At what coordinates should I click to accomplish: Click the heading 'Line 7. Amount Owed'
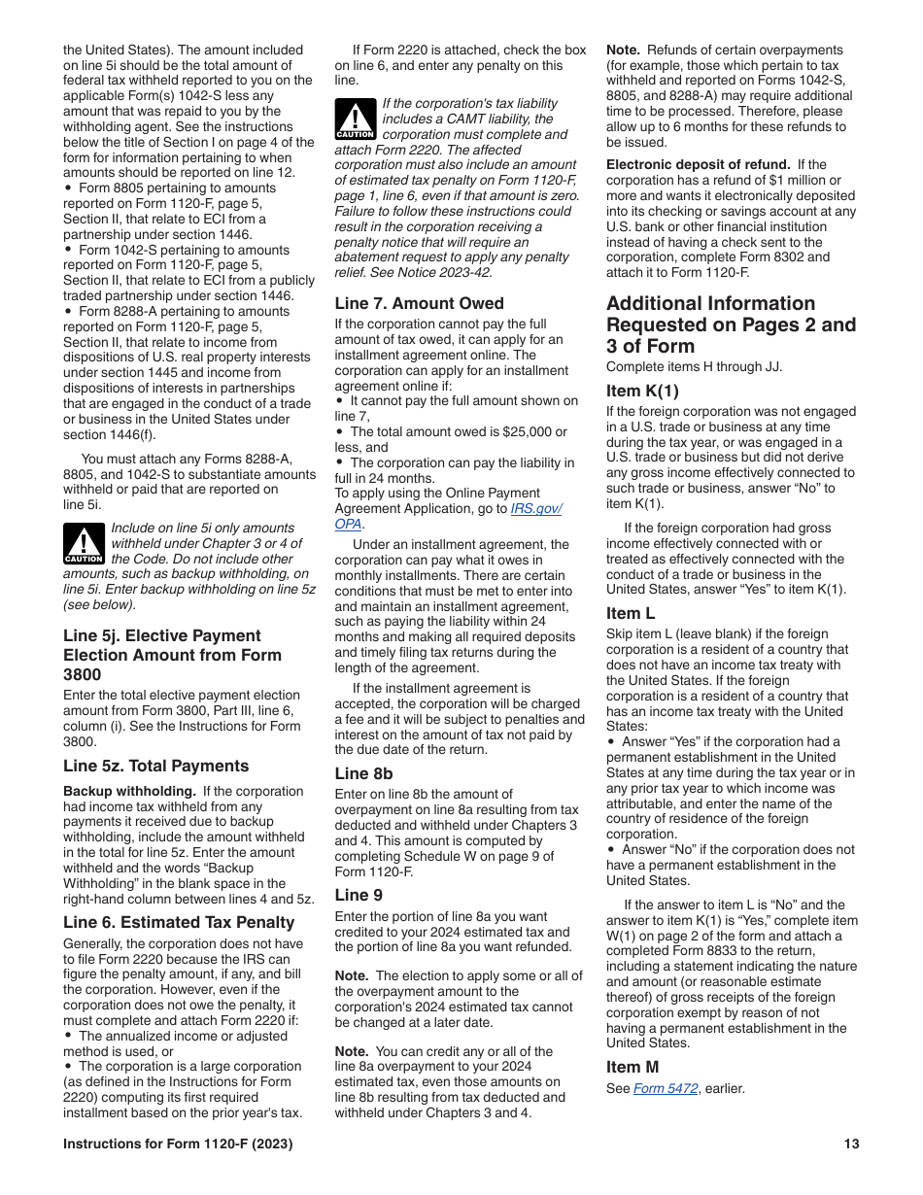pyautogui.click(x=419, y=303)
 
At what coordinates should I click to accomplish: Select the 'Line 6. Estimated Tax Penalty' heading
pyautogui.click(x=179, y=922)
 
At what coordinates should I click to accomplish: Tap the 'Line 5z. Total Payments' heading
pyautogui.click(x=155, y=766)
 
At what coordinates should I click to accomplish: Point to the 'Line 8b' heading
pyautogui.click(x=363, y=773)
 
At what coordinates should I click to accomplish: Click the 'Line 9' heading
pyautogui.click(x=359, y=895)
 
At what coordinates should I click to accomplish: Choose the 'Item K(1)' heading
pyautogui.click(x=642, y=391)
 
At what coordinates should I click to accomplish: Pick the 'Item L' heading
pyautogui.click(x=631, y=613)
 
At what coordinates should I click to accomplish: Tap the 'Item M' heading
pyautogui.click(x=632, y=1067)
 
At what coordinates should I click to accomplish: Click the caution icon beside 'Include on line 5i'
pyautogui.click(x=84, y=544)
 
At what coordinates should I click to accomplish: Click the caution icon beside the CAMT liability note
pyautogui.click(x=355, y=119)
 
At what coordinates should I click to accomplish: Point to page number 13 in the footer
pyautogui.click(x=851, y=1144)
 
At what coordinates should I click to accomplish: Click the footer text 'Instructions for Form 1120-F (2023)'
pyautogui.click(x=178, y=1144)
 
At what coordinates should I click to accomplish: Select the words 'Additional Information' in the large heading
pyautogui.click(x=710, y=303)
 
